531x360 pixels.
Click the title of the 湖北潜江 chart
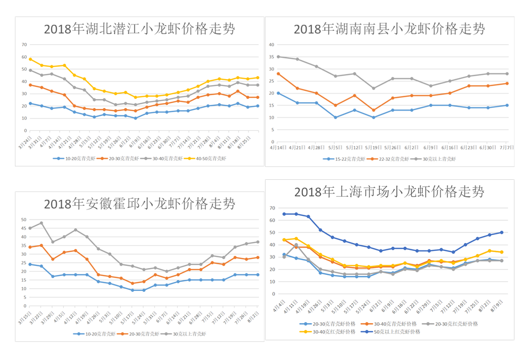pos(139,29)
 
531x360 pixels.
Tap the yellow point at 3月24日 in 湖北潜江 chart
pos(30,59)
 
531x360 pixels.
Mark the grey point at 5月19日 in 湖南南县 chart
pos(374,88)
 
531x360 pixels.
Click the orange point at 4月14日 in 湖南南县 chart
pos(278,73)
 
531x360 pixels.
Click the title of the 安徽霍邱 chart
pos(139,204)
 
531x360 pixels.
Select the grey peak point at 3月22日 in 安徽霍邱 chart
pos(42,223)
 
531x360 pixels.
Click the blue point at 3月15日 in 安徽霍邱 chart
pos(30,264)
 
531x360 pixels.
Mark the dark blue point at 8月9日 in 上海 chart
pos(501,232)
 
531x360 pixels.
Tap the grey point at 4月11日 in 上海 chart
pos(296,245)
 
